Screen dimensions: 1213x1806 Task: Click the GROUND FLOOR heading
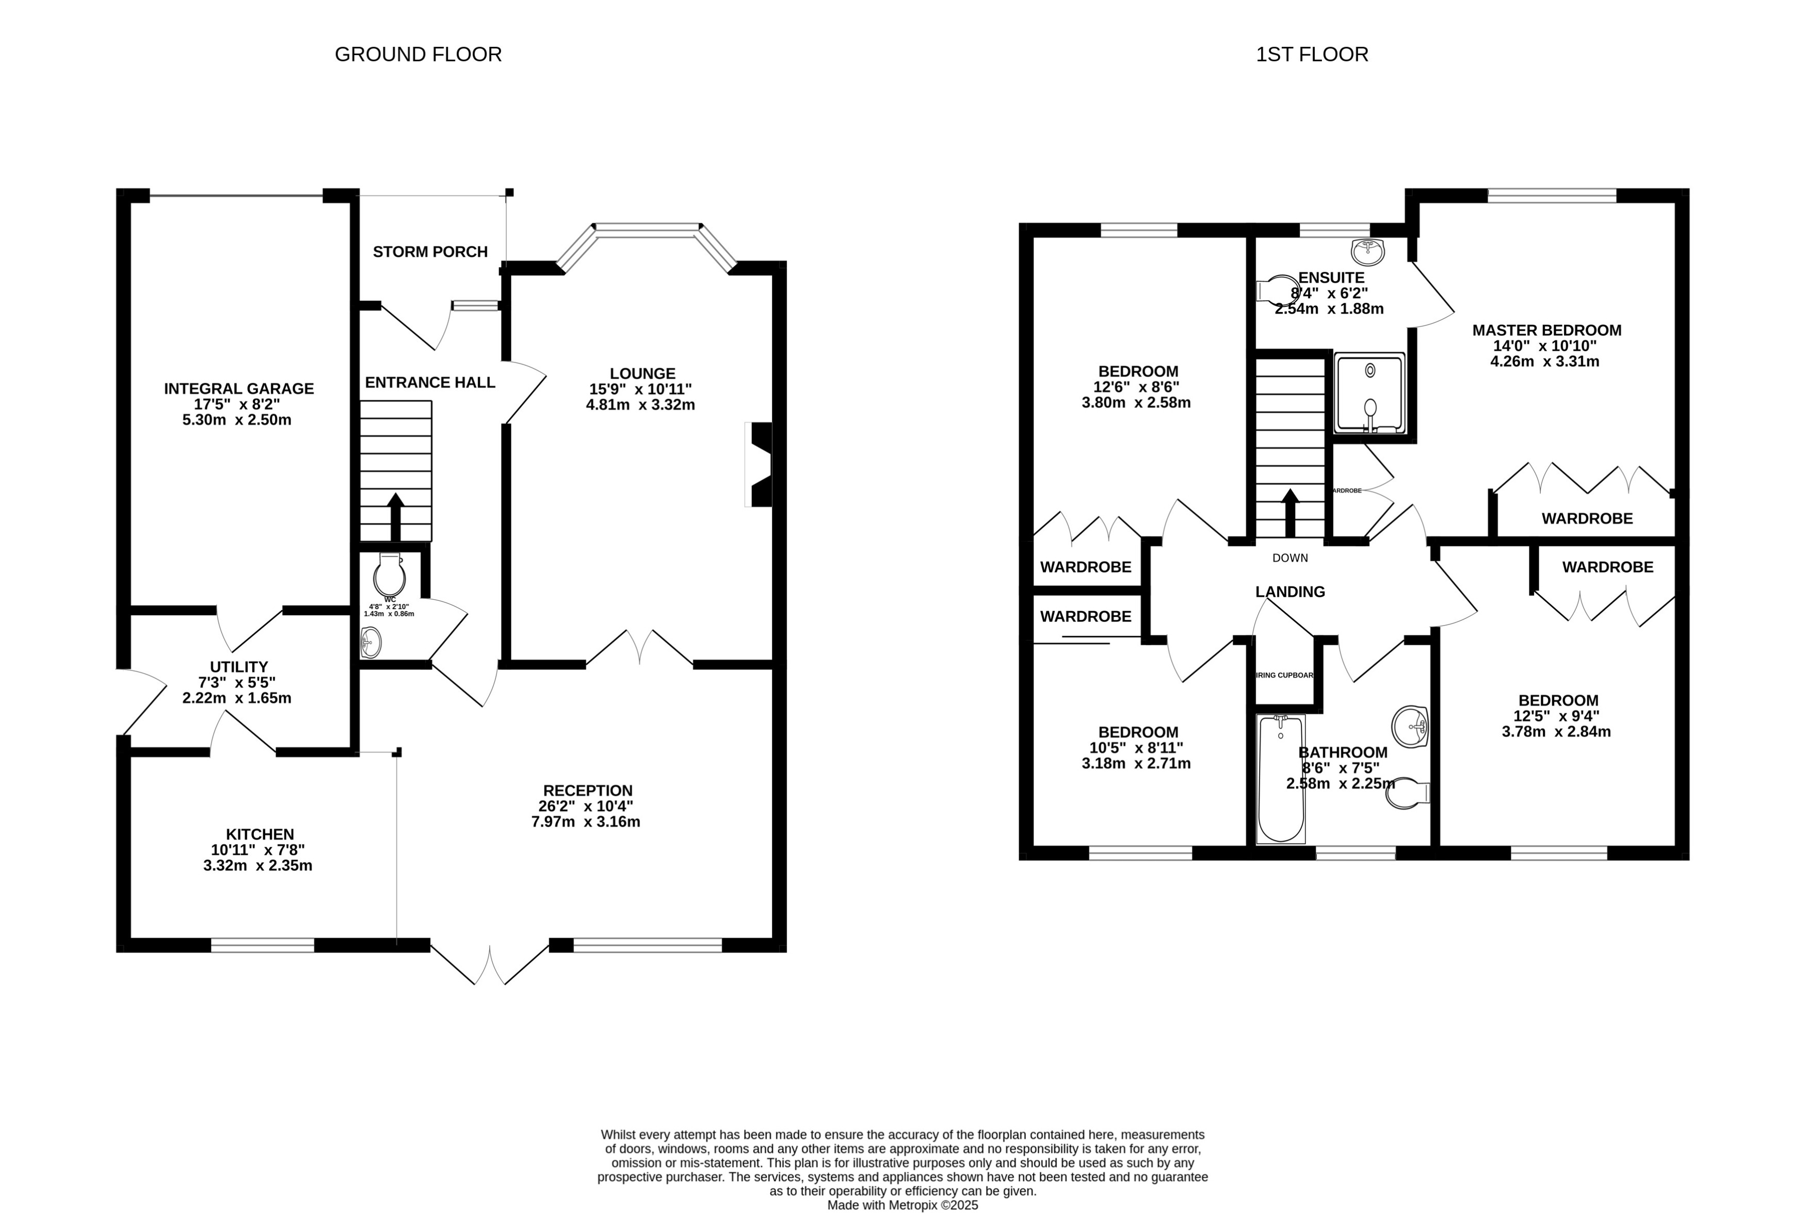tap(418, 54)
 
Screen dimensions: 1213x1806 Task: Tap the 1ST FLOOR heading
tap(1312, 54)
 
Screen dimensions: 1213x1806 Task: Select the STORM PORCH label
tap(430, 252)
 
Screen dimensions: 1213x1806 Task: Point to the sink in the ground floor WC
tap(372, 642)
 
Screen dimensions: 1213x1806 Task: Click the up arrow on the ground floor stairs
tap(395, 515)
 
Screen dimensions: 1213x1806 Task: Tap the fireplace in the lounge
tap(761, 464)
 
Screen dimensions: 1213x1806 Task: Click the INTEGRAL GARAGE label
tap(238, 388)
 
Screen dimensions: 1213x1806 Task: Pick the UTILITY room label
tap(238, 667)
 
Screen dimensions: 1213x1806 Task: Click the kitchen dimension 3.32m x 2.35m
tap(257, 865)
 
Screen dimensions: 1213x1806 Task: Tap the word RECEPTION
tap(587, 791)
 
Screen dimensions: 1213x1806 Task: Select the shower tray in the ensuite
tap(1369, 393)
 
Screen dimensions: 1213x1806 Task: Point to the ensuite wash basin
tap(1367, 251)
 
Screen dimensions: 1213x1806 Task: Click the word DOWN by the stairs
tap(1290, 558)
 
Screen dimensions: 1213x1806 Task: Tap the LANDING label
tap(1290, 592)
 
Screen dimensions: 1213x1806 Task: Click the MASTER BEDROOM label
tap(1546, 330)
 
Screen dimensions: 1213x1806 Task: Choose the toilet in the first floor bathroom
tap(1407, 794)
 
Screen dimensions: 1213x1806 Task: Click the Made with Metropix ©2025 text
tap(902, 1205)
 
